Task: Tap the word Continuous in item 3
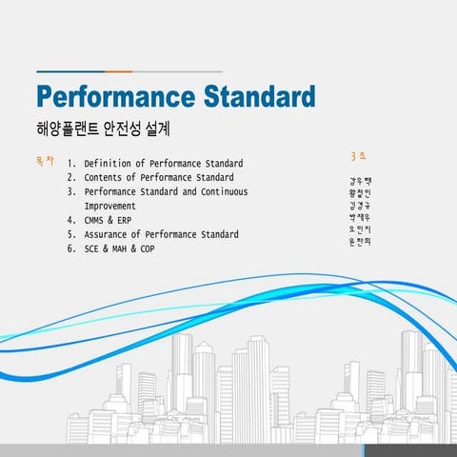click(x=221, y=191)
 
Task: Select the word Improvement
click(x=116, y=206)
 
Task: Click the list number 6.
click(x=70, y=248)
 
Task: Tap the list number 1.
click(x=71, y=164)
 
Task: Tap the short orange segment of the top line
click(x=119, y=71)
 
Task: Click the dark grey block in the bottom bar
click(x=410, y=450)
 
